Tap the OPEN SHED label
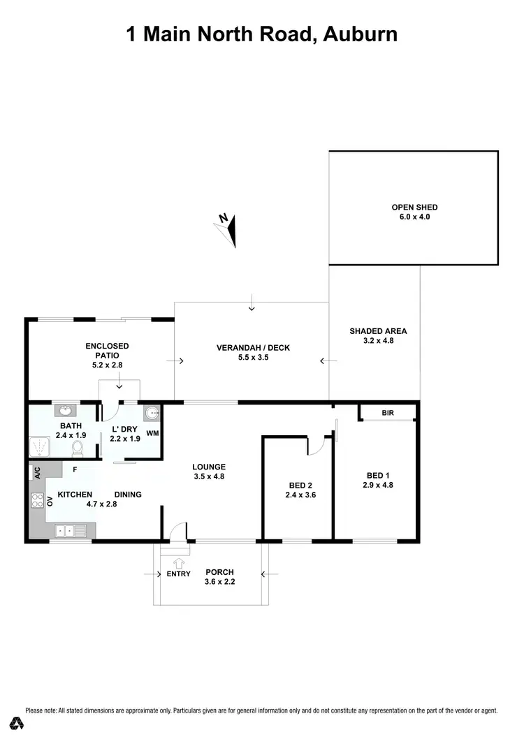414,207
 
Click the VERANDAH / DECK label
252,348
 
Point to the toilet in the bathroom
78,446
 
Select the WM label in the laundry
152,434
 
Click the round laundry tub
152,413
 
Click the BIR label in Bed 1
388,413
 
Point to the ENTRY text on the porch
178,574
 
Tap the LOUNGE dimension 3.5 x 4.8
210,476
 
